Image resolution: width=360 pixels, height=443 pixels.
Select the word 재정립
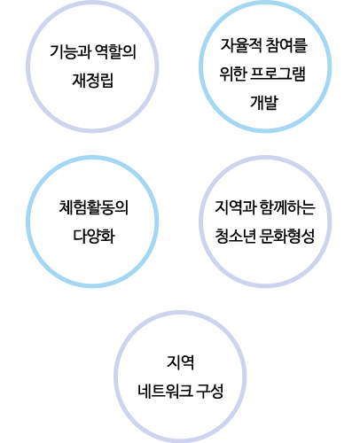point(93,81)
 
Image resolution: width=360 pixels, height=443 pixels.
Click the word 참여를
point(286,45)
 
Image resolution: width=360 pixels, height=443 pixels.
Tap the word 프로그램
point(278,74)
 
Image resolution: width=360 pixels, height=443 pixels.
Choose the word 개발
point(264,102)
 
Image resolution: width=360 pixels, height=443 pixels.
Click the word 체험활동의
point(94,207)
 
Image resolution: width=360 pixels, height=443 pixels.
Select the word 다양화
point(94,236)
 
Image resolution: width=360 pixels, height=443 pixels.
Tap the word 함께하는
point(287,207)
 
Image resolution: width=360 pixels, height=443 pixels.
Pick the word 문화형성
point(287,236)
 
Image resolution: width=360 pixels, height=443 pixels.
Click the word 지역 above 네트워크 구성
point(180,362)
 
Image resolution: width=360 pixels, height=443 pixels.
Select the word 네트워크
point(165,391)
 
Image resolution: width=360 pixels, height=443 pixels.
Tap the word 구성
point(210,391)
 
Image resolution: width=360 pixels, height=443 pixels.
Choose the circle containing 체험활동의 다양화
point(28,221)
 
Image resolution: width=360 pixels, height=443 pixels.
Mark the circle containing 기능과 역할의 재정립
point(28,66)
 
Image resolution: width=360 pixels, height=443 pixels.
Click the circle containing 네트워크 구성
point(116,377)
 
